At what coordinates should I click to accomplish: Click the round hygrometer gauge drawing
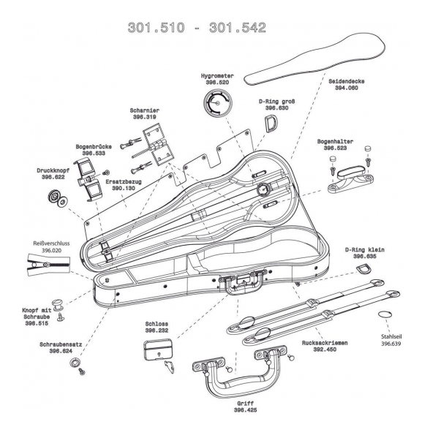click(217, 103)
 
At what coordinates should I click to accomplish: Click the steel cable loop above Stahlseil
click(385, 314)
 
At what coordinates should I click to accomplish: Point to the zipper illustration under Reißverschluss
click(48, 265)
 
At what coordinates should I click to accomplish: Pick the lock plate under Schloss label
click(159, 349)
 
